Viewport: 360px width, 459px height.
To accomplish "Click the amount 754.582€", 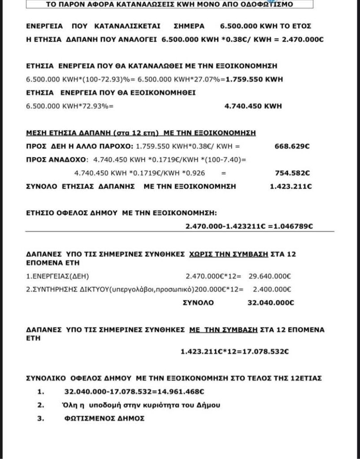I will (292, 173).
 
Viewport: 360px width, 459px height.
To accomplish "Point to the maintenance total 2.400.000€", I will (272, 289).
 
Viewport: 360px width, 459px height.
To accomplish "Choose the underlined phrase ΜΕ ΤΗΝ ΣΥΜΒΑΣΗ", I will (224, 329).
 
